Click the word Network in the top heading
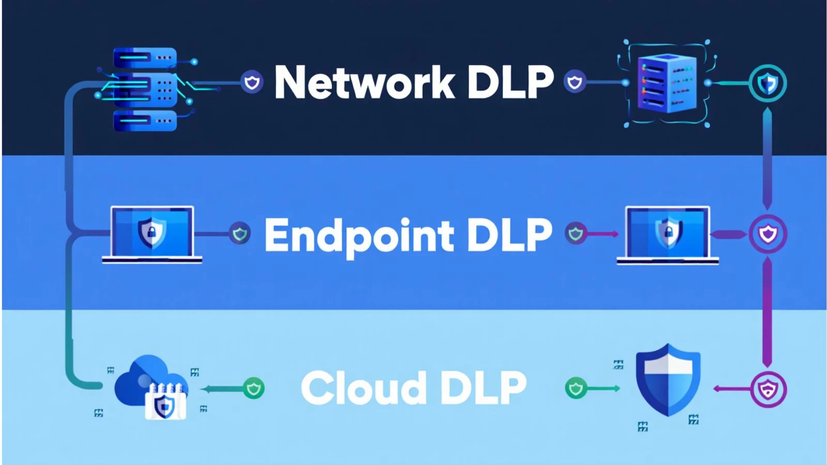click(x=364, y=83)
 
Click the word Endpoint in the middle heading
click(x=360, y=235)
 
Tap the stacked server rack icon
click(x=145, y=89)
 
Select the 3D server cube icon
click(x=667, y=84)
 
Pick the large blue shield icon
click(x=668, y=380)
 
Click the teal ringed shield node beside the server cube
click(x=768, y=83)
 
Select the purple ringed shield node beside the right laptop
click(x=768, y=234)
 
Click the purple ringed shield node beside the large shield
click(x=768, y=389)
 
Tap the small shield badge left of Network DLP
click(x=252, y=82)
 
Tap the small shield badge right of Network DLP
click(x=575, y=82)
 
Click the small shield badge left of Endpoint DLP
click(x=240, y=234)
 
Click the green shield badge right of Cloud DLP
click(x=576, y=388)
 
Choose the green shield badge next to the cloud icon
click(x=253, y=389)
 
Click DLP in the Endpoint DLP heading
click(x=509, y=235)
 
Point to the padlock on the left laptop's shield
click(x=151, y=233)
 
